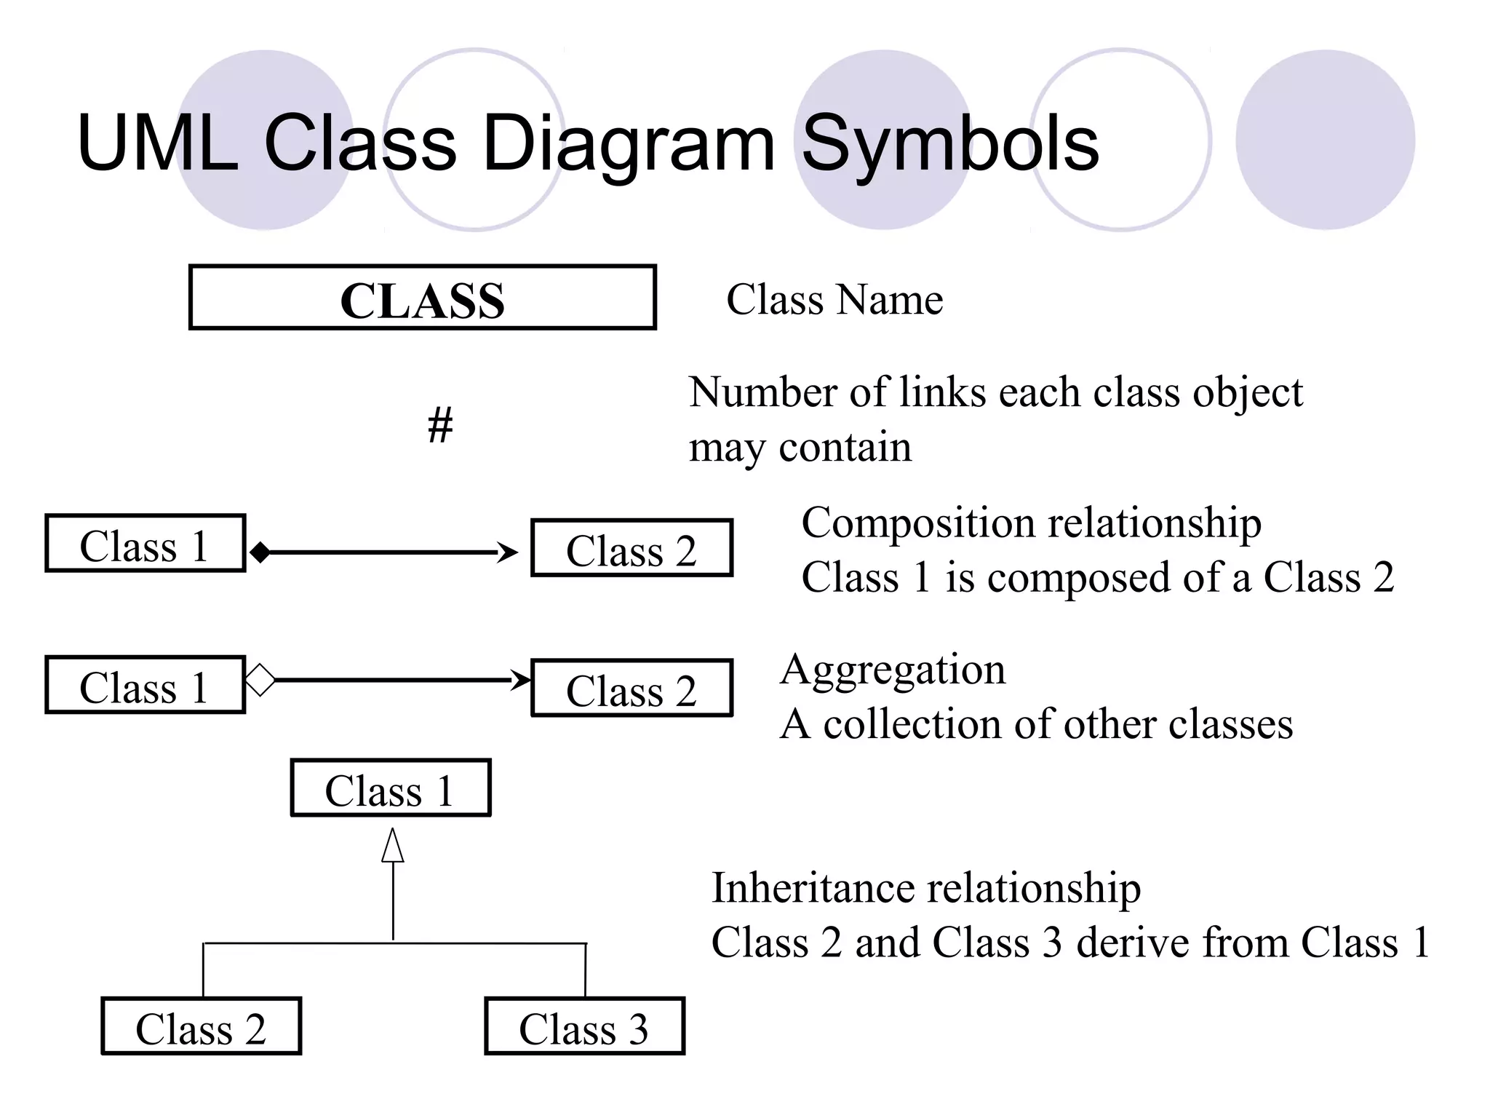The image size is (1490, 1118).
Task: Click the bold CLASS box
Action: pyautogui.click(x=422, y=298)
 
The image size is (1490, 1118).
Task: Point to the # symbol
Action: pyautogui.click(x=440, y=425)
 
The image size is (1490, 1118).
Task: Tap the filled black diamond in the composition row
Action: pyautogui.click(x=260, y=552)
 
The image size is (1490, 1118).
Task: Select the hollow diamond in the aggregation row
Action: pyautogui.click(x=260, y=681)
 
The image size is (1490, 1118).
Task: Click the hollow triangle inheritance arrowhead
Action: pyautogui.click(x=393, y=847)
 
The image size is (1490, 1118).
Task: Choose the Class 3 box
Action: pyautogui.click(x=584, y=1026)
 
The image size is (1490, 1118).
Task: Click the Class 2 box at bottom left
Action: pyautogui.click(x=201, y=1026)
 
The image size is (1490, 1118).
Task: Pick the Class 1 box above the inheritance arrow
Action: pyautogui.click(x=391, y=788)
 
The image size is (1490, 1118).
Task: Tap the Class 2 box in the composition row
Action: pyautogui.click(x=632, y=548)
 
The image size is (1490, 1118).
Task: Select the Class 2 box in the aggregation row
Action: pyautogui.click(x=632, y=689)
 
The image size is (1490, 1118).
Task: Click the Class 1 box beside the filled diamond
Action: pyautogui.click(x=145, y=544)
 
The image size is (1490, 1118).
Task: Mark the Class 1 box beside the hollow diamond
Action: pyautogui.click(x=145, y=685)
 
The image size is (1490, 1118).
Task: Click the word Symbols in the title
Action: pyautogui.click(x=949, y=145)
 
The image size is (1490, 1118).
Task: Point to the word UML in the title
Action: pyautogui.click(x=157, y=143)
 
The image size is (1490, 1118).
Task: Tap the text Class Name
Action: pyautogui.click(x=834, y=300)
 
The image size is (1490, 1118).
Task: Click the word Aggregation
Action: pyautogui.click(x=893, y=670)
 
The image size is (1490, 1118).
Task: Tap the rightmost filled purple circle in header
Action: pyautogui.click(x=1325, y=140)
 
